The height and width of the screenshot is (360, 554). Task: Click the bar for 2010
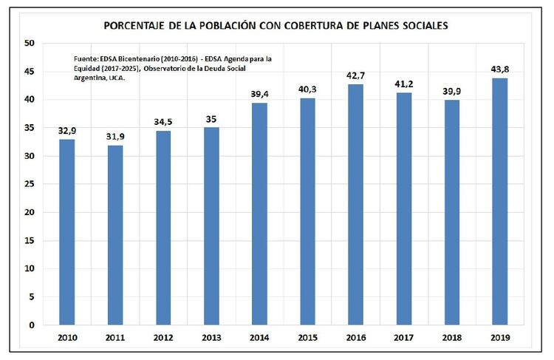66,231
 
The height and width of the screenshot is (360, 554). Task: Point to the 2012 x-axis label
163,338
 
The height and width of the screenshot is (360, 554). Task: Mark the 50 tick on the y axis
30,43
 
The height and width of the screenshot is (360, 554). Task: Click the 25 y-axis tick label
30,184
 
